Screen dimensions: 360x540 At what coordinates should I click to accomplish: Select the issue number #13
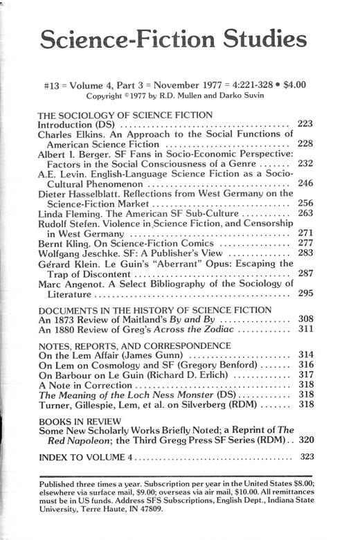(53, 85)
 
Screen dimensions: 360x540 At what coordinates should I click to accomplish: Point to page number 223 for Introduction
(305, 124)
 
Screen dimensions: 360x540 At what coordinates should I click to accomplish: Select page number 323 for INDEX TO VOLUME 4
(305, 457)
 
